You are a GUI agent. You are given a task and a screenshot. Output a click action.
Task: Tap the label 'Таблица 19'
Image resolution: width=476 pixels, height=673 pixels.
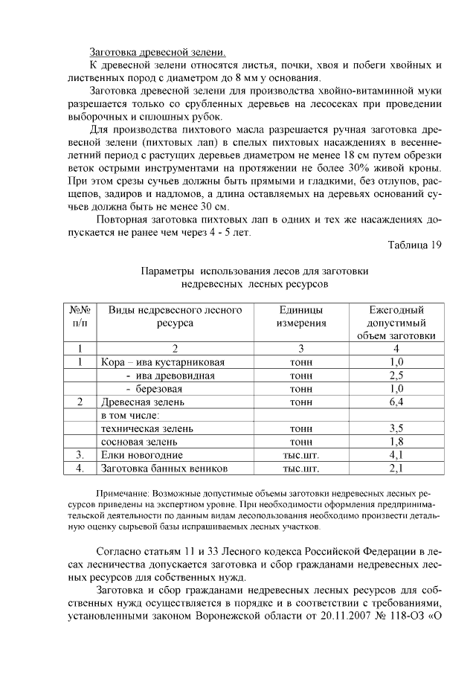(x=415, y=246)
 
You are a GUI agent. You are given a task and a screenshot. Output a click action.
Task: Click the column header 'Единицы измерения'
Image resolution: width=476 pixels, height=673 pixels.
(x=301, y=316)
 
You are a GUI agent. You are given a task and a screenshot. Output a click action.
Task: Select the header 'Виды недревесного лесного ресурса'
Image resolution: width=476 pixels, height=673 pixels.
(x=175, y=316)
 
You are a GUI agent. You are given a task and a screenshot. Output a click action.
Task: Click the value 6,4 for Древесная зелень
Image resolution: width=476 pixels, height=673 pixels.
(x=396, y=402)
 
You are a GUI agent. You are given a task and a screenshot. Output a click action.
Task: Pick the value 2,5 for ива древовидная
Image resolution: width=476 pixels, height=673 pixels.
(x=396, y=376)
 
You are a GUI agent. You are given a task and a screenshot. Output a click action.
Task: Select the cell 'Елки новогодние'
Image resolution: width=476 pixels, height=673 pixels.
(x=141, y=455)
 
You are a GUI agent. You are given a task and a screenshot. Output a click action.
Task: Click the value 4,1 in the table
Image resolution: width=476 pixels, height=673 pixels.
(x=396, y=455)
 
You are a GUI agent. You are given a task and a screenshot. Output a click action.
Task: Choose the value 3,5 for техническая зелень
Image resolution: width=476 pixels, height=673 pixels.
(x=396, y=429)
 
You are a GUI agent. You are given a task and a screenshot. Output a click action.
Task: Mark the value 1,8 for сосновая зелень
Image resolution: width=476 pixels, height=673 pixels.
(x=396, y=442)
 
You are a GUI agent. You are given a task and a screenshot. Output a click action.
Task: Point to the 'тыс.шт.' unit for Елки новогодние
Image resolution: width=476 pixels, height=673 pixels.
(x=301, y=455)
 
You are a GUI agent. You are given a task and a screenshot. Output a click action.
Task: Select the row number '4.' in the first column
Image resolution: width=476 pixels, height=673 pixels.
(x=80, y=468)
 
